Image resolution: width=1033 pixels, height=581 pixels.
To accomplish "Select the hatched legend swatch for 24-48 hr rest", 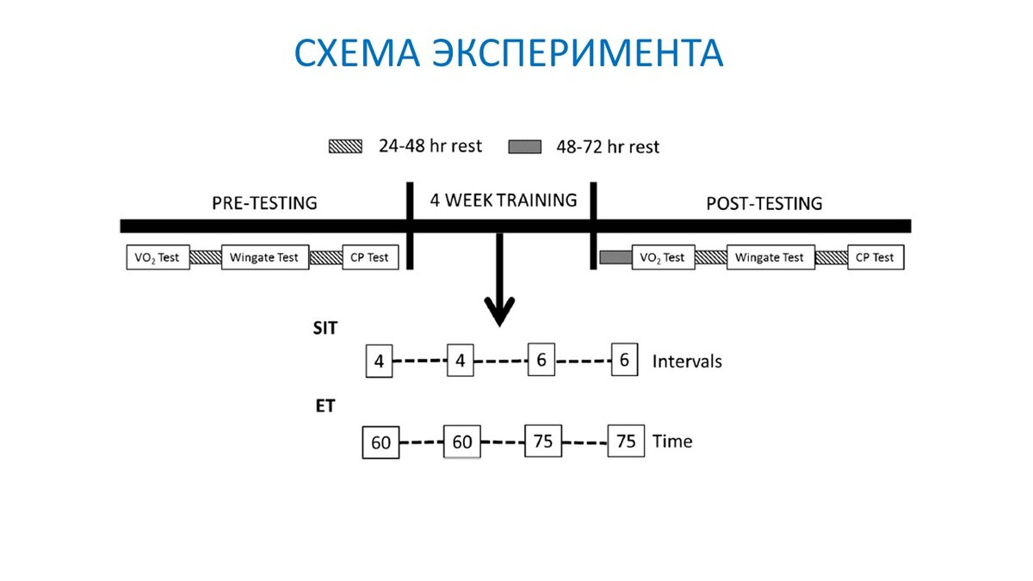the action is [346, 147].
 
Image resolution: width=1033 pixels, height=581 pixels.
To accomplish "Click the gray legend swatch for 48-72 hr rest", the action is [525, 147].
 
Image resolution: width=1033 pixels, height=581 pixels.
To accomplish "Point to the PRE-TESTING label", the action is [264, 204].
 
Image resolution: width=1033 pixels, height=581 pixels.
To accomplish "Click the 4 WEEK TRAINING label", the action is [503, 201].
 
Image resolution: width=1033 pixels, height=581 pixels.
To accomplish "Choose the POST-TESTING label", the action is [764, 204].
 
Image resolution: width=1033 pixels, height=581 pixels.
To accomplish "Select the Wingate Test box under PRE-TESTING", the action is [264, 257].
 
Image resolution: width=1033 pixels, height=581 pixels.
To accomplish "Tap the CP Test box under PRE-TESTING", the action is [370, 257].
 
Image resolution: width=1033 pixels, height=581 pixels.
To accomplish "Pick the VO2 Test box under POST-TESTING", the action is [663, 257].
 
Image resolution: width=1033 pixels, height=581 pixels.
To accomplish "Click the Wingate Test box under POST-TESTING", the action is [770, 257].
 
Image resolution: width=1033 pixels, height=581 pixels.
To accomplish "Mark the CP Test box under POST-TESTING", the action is [875, 257].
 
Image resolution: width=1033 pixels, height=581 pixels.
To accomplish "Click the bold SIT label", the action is [325, 328].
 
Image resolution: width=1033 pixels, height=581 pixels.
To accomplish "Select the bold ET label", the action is [324, 406].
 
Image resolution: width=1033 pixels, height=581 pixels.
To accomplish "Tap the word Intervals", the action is [687, 362].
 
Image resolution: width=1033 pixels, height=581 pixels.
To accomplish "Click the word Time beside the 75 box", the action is [672, 442].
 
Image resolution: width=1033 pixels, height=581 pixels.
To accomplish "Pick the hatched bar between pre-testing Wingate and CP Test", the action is [325, 257].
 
